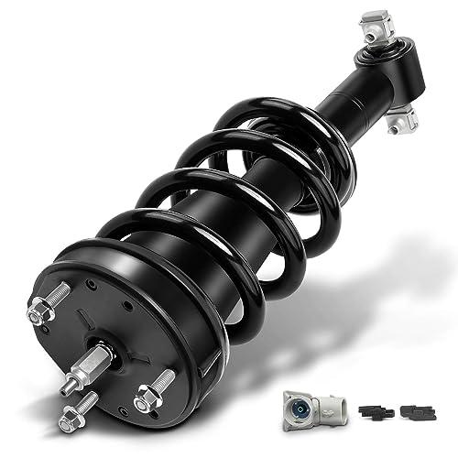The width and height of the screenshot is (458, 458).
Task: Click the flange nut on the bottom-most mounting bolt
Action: pos(67,422)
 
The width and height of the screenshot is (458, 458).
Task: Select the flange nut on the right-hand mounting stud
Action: pos(144,400)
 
